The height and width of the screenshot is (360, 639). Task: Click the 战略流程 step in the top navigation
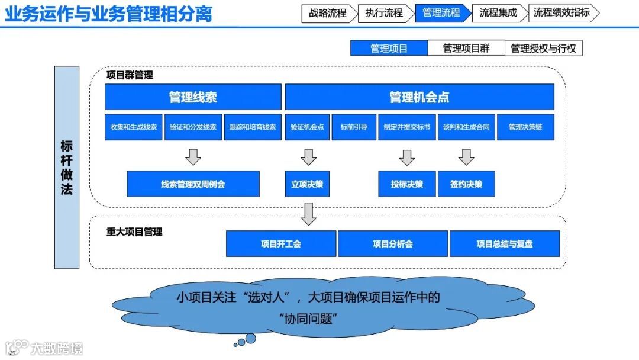(x=328, y=13)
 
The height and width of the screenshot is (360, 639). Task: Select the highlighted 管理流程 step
(x=441, y=13)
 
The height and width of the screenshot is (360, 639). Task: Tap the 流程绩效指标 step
(x=561, y=13)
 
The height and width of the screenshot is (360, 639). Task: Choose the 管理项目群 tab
(x=466, y=49)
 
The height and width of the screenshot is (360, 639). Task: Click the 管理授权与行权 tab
(x=543, y=49)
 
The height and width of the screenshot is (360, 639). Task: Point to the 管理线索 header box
(x=193, y=97)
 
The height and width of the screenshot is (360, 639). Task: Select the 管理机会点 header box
(x=419, y=97)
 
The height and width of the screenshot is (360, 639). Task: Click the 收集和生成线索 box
(x=134, y=127)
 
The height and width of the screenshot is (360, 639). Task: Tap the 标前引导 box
(x=354, y=127)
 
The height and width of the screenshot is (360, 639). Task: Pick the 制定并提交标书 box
(x=407, y=127)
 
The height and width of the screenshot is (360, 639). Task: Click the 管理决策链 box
(x=525, y=127)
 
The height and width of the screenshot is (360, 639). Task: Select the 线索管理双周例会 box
(x=193, y=184)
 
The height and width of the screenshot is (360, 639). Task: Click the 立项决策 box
(x=308, y=184)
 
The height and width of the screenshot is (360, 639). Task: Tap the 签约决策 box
(x=466, y=184)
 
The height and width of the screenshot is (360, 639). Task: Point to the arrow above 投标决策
(x=407, y=157)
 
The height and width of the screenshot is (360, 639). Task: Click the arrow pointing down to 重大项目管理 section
(x=308, y=214)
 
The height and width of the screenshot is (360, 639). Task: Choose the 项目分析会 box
(x=393, y=243)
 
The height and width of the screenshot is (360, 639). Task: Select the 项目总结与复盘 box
(x=505, y=243)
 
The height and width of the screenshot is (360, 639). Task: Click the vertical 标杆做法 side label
(x=66, y=168)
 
